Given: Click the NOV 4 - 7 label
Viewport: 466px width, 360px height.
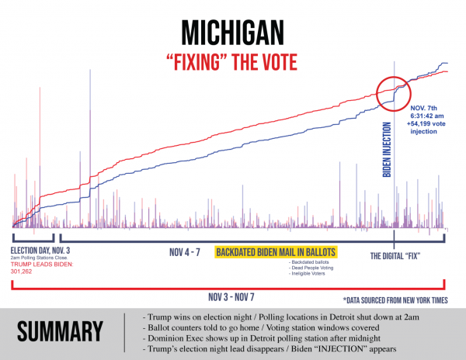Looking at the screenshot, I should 187,253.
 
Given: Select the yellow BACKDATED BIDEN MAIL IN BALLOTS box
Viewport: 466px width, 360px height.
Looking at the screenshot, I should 276,253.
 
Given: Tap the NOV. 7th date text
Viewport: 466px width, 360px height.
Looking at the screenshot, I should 424,104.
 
